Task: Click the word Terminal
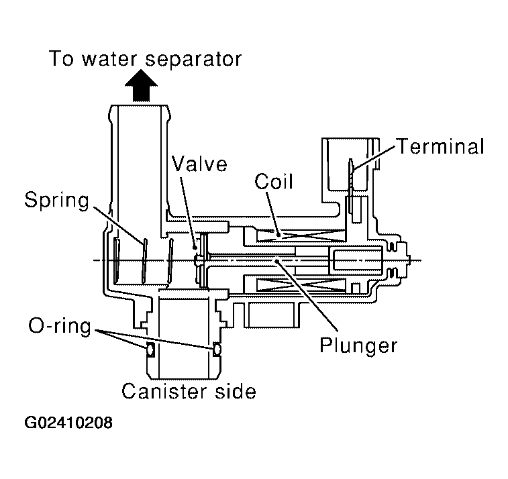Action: (440, 146)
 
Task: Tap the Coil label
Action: (274, 182)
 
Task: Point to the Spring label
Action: (58, 199)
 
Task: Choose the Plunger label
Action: (358, 345)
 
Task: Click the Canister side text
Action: (189, 390)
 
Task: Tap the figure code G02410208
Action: (68, 424)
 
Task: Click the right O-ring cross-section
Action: (217, 349)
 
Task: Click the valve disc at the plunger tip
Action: (199, 260)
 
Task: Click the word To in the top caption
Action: (60, 59)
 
